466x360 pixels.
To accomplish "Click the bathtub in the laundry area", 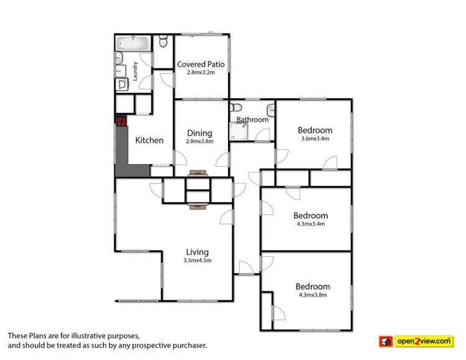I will [x=132, y=45].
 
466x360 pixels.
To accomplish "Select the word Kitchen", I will [x=150, y=141].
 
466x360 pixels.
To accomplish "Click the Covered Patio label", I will [x=201, y=64].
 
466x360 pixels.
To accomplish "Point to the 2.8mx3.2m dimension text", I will [x=201, y=73].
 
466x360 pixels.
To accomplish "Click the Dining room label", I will [x=199, y=132].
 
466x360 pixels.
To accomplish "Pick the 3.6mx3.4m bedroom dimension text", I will [x=314, y=139].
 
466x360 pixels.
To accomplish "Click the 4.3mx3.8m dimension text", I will [x=314, y=295].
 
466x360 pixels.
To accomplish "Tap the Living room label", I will [x=196, y=252].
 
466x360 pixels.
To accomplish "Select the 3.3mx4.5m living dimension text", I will [x=196, y=261].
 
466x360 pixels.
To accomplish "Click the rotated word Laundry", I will [x=135, y=70].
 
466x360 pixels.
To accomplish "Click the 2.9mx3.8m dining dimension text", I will [x=199, y=141].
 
